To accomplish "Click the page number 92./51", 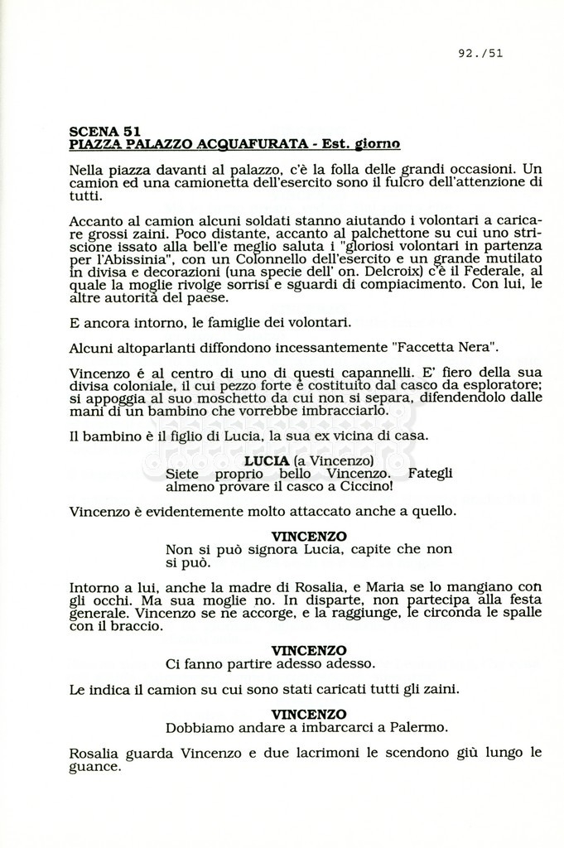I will pos(480,54).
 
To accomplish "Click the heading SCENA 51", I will pos(104,131).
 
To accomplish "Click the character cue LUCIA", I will pos(266,460).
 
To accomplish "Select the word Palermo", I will pos(418,728).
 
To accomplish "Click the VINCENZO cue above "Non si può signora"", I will pos(309,536).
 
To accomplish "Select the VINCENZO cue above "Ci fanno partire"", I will pos(309,650).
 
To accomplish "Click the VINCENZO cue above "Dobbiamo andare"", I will pos(309,714).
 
